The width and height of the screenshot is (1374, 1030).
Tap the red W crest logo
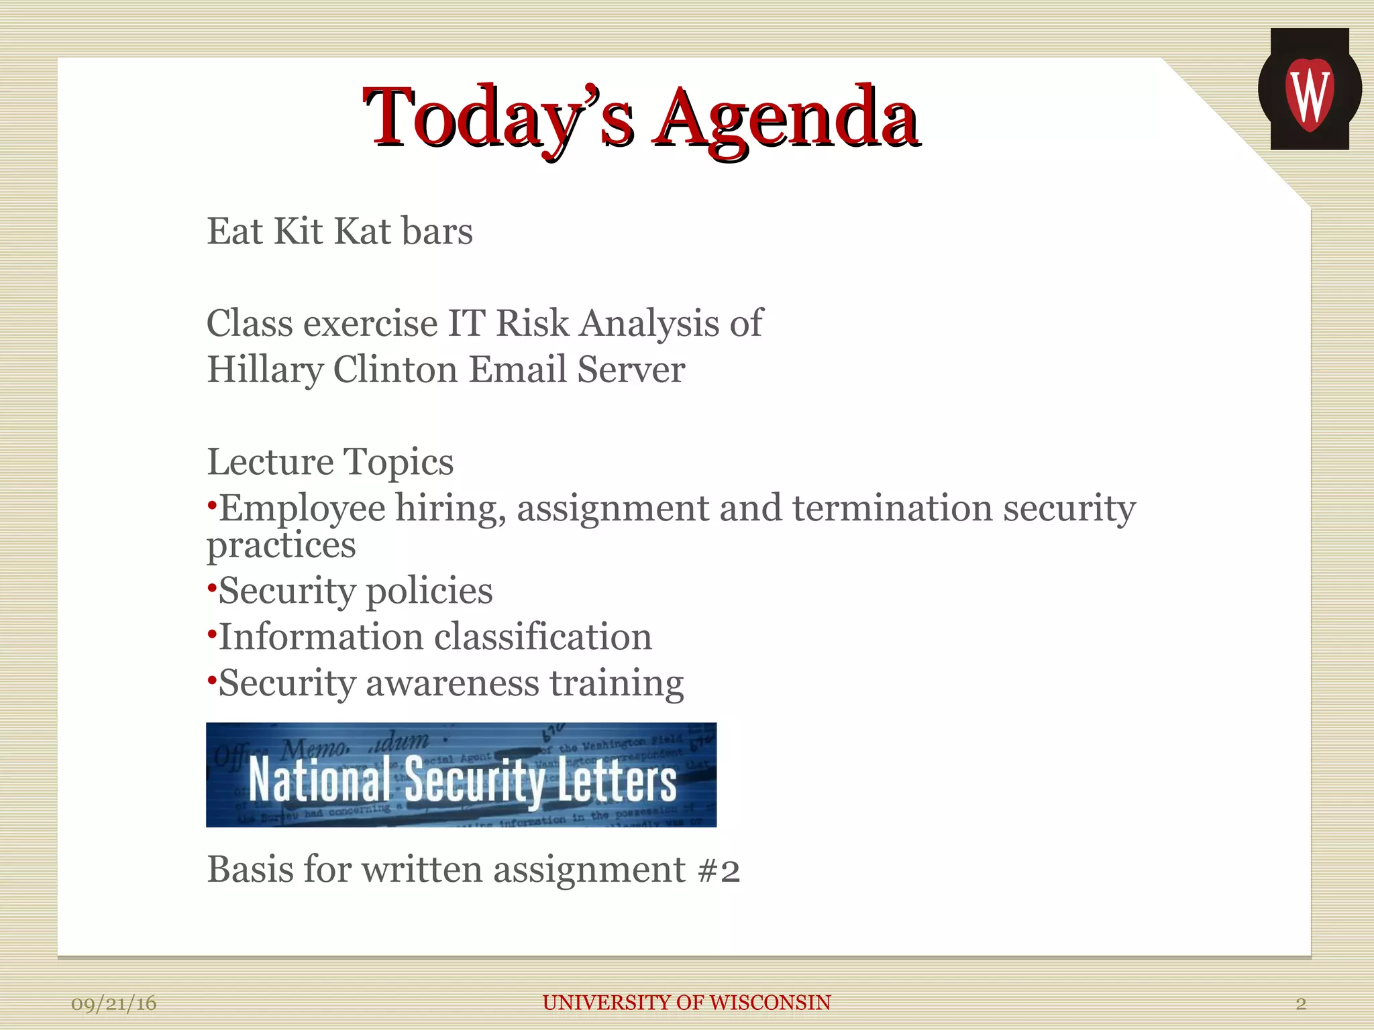coord(1310,94)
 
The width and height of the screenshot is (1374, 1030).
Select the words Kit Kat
coord(333,231)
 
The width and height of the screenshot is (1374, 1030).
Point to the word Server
coord(631,370)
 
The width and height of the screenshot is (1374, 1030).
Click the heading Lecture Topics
coord(330,462)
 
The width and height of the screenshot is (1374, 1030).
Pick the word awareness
coord(452,683)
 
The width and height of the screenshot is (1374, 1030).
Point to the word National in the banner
coord(319,780)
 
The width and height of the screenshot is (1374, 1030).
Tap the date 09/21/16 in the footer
coord(113,1003)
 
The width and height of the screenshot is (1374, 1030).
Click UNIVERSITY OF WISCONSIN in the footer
coord(686,1003)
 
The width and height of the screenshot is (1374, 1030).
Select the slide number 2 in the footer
coord(1300,1004)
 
